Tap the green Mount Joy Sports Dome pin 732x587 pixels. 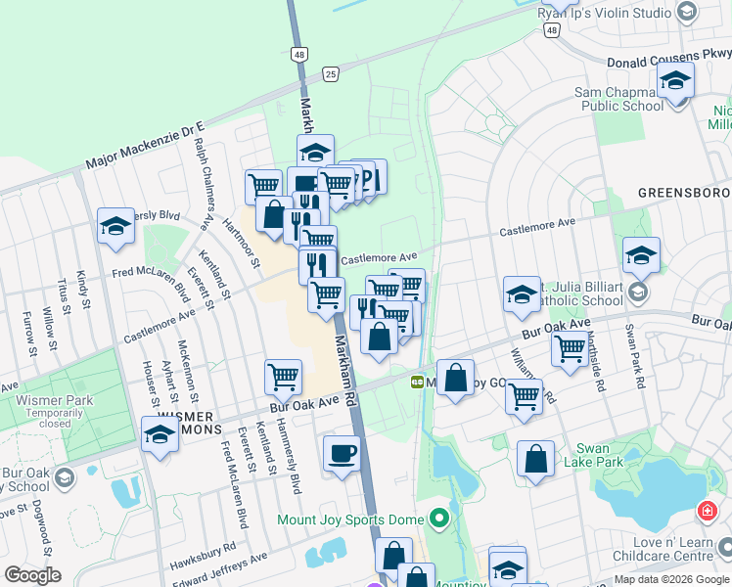point(439,519)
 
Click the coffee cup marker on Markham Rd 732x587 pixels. point(342,454)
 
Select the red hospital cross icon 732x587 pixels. point(707,512)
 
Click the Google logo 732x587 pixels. point(32,575)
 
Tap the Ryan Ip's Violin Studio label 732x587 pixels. point(604,13)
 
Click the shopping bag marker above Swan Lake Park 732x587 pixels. point(536,460)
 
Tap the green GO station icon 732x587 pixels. point(417,381)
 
